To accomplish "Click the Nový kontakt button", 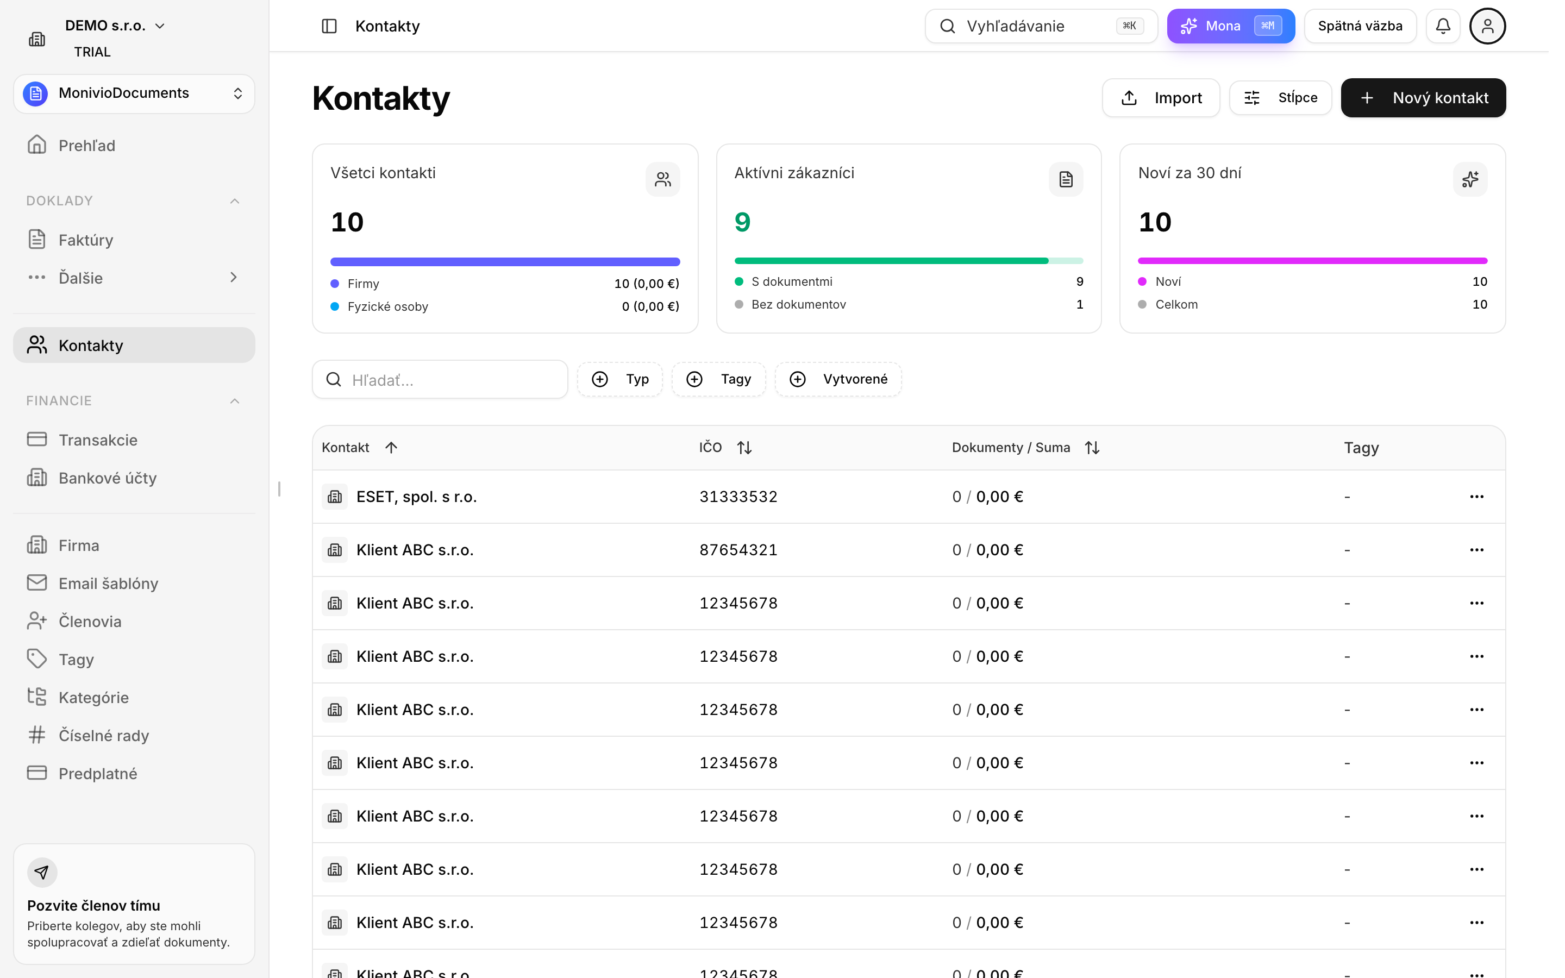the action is [1423, 98].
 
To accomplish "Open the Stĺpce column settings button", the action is [1280, 98].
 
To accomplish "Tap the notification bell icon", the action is [1443, 26].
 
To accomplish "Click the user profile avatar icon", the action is [1487, 26].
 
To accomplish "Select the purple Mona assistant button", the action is [1231, 26].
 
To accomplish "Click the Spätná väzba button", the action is [1360, 26].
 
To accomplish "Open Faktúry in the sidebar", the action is [85, 240].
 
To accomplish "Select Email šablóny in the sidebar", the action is [108, 584].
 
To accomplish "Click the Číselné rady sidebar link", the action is [103, 736].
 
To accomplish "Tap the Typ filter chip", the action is [619, 379].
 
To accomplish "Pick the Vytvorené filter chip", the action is [838, 379].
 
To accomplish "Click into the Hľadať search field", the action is [440, 380].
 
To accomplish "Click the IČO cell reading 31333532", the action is [738, 497].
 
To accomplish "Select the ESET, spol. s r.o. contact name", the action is [416, 497].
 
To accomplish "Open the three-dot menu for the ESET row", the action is [1476, 497].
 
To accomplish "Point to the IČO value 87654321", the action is [738, 550].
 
